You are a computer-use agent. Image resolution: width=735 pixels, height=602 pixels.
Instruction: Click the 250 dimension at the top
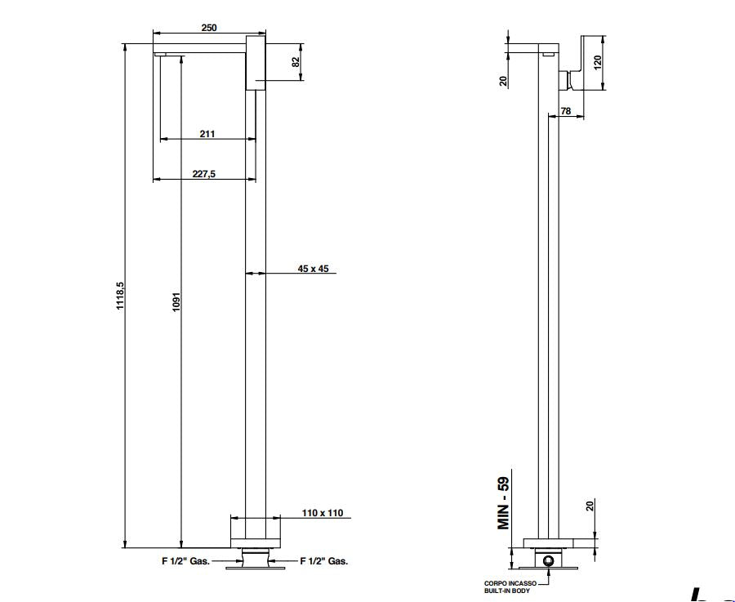point(209,28)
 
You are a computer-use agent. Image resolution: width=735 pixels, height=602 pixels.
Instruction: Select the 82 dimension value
point(296,62)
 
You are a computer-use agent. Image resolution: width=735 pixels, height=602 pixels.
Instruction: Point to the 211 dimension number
point(207,134)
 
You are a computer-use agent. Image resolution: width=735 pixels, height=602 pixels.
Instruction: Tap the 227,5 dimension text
point(204,173)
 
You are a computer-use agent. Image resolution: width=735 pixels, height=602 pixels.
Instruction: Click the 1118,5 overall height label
point(120,296)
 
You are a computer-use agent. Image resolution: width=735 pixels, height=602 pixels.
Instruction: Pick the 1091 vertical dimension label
point(176,302)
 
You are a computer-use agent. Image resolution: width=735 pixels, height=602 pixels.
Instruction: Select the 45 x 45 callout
point(313,269)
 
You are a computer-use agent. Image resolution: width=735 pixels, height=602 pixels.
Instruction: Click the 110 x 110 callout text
point(323,513)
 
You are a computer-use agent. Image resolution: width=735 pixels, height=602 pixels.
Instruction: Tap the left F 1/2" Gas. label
point(185,560)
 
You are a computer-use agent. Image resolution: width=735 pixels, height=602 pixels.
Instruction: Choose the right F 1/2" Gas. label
point(324,560)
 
